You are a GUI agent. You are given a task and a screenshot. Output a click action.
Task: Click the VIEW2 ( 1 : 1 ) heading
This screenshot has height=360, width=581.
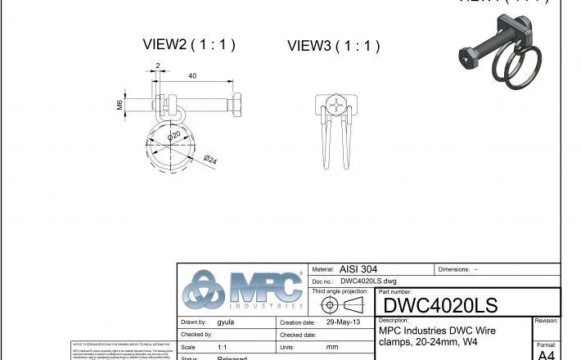(189, 45)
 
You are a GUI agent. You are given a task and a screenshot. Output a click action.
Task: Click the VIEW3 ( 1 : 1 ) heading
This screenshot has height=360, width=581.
(333, 47)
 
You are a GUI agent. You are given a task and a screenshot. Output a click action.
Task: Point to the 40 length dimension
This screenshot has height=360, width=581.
(192, 76)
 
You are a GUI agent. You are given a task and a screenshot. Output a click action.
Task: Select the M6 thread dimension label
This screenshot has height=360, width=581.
(119, 104)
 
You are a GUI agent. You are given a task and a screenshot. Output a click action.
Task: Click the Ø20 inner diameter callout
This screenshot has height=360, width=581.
(174, 136)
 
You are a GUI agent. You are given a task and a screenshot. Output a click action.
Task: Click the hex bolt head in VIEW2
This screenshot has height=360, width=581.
(236, 105)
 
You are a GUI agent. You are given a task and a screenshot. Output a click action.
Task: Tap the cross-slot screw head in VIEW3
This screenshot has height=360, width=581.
(336, 106)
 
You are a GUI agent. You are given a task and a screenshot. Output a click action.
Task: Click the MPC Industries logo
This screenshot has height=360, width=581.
(242, 290)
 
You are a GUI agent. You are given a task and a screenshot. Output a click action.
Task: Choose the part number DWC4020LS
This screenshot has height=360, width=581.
(439, 306)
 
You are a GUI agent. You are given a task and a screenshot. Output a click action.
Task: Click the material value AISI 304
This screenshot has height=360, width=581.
(358, 269)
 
